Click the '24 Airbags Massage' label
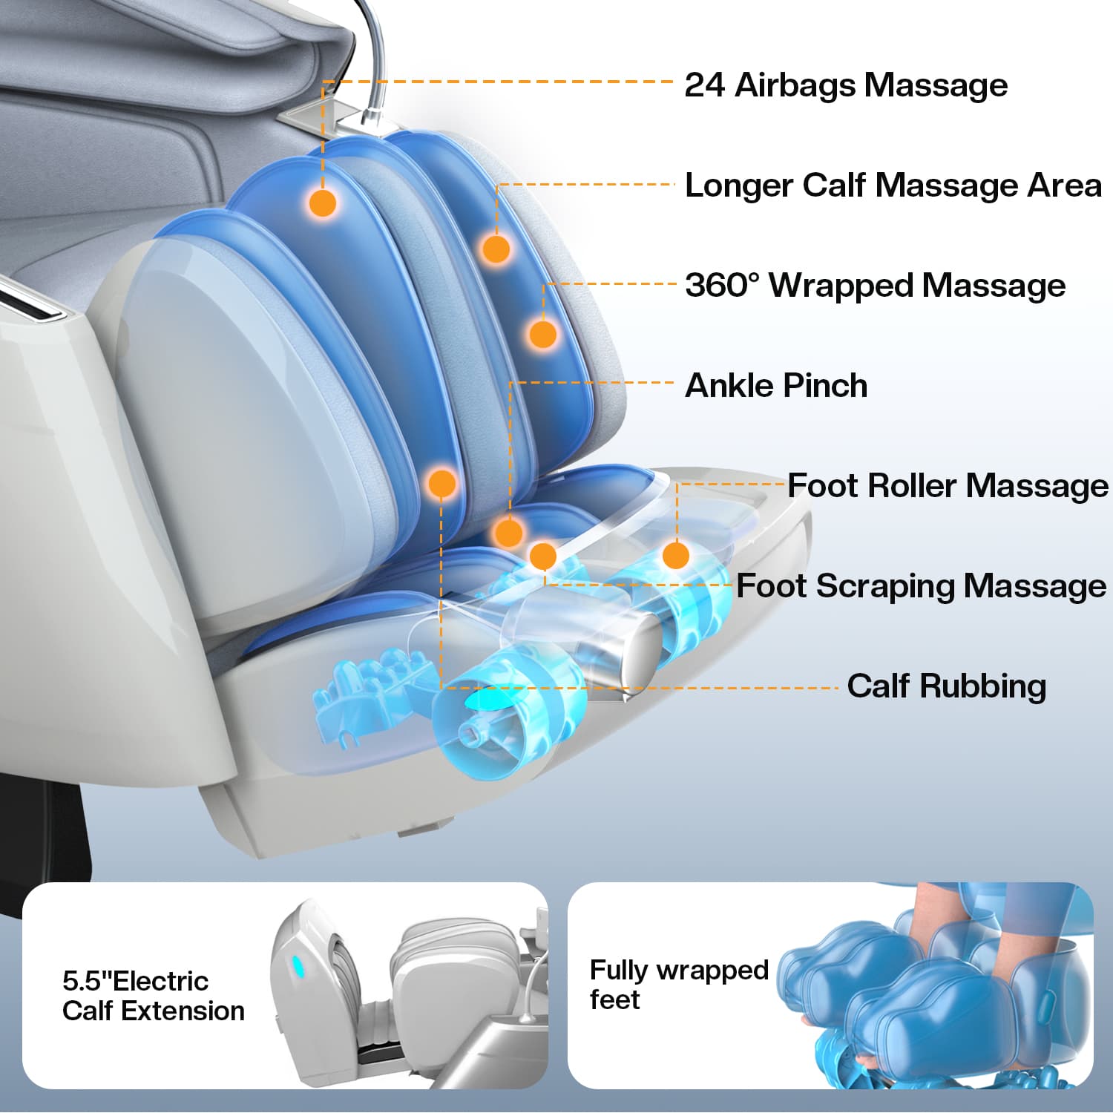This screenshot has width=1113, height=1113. pos(846,85)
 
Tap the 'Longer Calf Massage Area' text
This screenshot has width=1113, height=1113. pos(893,185)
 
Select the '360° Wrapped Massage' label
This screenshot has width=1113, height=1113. pos(876,285)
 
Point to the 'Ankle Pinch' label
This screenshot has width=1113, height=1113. pos(776,386)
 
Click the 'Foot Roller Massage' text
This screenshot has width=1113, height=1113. pos(948,486)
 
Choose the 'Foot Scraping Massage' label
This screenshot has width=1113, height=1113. pos(922,586)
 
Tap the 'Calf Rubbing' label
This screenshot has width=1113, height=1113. pos(947,686)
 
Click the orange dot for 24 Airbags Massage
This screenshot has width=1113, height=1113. pos(323,203)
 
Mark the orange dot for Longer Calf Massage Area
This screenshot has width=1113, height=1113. pos(496,249)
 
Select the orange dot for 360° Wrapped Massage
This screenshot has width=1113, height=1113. pos(543,334)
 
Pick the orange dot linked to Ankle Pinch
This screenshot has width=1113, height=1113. pos(509,533)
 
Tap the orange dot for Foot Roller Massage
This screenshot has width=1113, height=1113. pos(675,555)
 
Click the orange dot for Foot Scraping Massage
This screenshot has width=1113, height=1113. pos(543,555)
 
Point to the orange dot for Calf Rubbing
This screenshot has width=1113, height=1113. pos(441,483)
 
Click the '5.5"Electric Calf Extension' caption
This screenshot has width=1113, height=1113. pos(154,996)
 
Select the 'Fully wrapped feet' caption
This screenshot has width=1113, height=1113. pos(679,985)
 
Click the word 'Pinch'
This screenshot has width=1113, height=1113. pos(825,386)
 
